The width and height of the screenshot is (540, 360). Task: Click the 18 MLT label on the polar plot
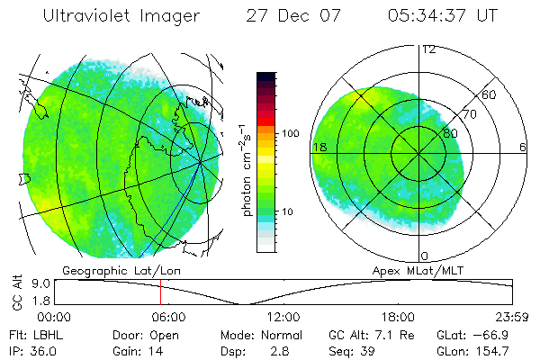[319, 147]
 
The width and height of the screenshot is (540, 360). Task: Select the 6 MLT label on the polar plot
[523, 147]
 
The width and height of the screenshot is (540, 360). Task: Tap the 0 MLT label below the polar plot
[424, 256]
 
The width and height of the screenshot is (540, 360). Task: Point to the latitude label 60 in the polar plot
[490, 94]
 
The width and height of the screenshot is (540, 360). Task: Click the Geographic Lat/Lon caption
[104, 270]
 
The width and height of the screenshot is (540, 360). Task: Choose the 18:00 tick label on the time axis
[398, 317]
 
